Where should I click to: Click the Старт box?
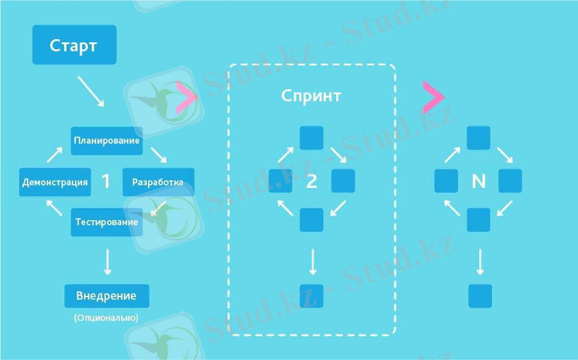click(x=73, y=45)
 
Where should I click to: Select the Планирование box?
click(x=106, y=140)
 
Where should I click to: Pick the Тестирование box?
click(x=105, y=222)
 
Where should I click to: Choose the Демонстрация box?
click(x=56, y=182)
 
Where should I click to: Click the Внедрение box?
click(x=106, y=296)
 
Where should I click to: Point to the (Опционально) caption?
click(x=106, y=317)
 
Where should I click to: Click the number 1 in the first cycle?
click(x=106, y=181)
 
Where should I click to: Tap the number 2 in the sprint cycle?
click(x=311, y=181)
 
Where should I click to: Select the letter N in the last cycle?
click(x=478, y=181)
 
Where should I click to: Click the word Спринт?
click(x=311, y=95)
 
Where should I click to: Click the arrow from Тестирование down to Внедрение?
click(x=107, y=261)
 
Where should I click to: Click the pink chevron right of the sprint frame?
click(x=433, y=96)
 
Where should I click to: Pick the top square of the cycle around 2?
click(x=311, y=138)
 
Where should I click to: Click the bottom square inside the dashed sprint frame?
click(x=311, y=296)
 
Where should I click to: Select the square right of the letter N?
click(x=510, y=181)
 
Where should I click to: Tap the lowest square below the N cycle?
click(x=480, y=296)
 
